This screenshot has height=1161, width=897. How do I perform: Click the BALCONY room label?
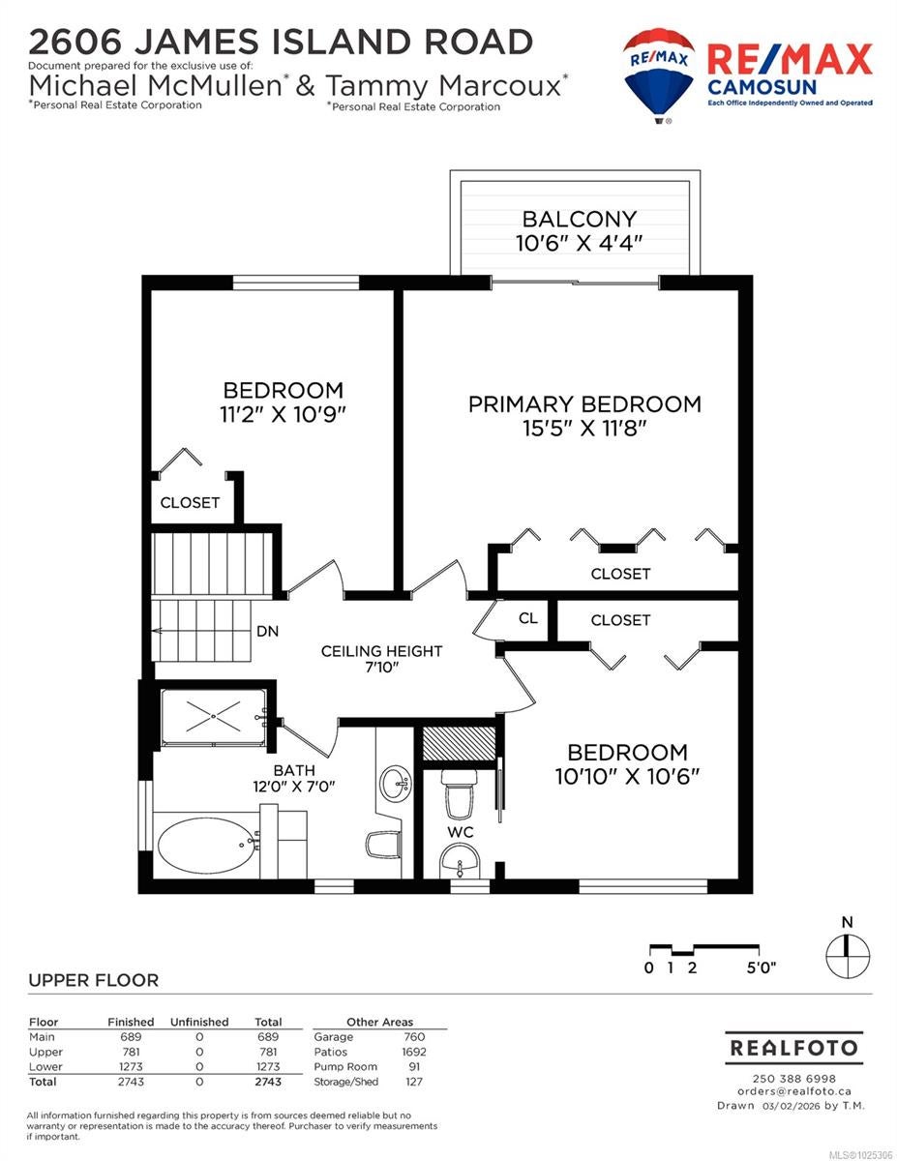pos(579,219)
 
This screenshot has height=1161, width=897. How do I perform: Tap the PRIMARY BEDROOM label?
pos(584,404)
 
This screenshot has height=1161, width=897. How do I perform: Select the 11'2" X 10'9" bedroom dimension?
pos(284,415)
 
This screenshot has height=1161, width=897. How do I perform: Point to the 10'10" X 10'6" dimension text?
pos(627,777)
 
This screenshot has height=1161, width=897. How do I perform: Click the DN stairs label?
pos(268,632)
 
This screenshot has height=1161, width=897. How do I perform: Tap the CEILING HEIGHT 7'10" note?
pos(381,659)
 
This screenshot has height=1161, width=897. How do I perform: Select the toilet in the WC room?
pos(459,793)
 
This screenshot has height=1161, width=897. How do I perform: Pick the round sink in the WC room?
pos(460,860)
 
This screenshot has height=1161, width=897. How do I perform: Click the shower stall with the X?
pos(213,717)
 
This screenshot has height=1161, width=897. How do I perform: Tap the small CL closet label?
pos(527,618)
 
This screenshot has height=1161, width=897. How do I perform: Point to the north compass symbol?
pos(847,956)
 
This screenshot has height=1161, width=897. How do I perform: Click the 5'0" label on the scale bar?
pos(761,968)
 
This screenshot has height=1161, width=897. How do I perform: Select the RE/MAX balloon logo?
pos(659,75)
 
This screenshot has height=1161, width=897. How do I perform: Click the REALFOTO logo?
pos(793,1048)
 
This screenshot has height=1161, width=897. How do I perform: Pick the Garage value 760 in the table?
pos(414,1036)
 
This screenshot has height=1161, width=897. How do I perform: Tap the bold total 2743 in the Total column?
pos(268,1082)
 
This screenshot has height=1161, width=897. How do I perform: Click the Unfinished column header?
pos(199,1022)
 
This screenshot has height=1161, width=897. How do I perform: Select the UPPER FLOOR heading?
pos(94,980)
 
